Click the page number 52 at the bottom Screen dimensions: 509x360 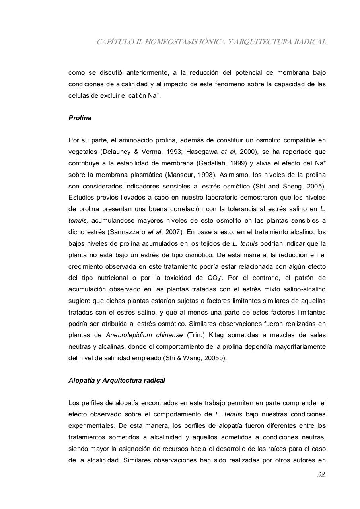point(321,475)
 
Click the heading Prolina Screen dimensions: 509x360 point(80,118)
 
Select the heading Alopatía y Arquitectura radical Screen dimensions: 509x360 point(117,380)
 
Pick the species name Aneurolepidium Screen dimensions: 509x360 point(128,335)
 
